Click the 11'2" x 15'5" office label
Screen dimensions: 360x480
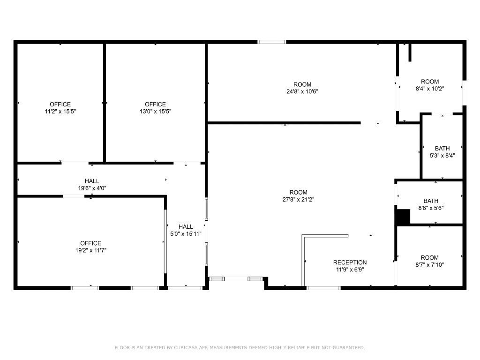[60, 108]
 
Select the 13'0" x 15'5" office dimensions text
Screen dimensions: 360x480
[155, 111]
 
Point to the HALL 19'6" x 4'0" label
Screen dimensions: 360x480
[92, 184]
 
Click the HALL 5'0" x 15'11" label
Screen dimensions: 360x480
[186, 230]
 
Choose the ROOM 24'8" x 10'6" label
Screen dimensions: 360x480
[302, 88]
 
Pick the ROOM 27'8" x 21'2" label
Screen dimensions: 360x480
[298, 195]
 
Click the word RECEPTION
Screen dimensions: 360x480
[350, 262]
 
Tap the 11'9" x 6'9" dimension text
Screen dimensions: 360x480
[350, 270]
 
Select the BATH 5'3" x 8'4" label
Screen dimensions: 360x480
[442, 152]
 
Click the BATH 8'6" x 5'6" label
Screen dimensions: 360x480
[430, 204]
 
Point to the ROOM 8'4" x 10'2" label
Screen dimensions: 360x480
[430, 85]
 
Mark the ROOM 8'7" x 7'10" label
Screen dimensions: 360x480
[429, 261]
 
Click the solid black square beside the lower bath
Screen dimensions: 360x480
[403, 217]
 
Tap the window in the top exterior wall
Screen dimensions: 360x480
[272, 42]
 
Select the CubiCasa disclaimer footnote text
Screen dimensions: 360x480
[240, 347]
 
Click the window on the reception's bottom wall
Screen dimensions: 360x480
[323, 287]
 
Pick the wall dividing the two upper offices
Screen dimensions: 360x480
[104, 102]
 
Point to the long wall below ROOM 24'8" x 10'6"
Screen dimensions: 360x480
[284, 123]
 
